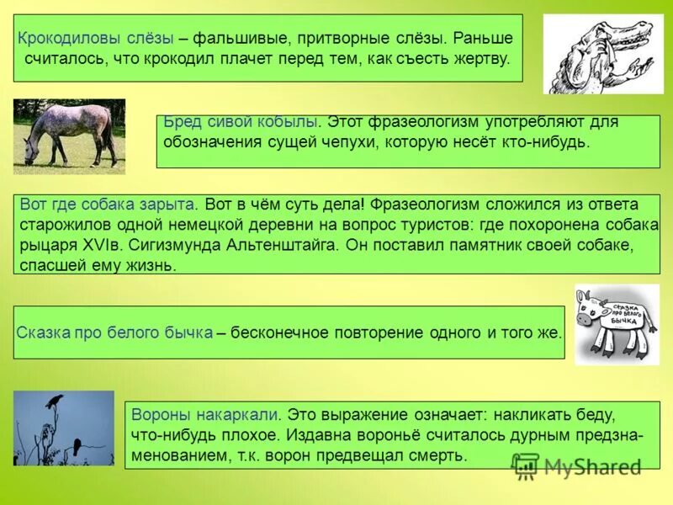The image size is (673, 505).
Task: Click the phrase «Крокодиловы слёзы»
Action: click(x=96, y=39)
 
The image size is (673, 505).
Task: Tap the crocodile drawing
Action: click(x=602, y=54)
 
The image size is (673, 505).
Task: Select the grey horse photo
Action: click(x=69, y=135)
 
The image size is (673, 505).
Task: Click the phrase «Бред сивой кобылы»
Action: click(x=240, y=122)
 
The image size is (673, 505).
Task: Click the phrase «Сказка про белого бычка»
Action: click(x=114, y=332)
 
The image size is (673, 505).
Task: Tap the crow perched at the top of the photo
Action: click(x=56, y=401)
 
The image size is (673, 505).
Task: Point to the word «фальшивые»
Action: click(x=242, y=39)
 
